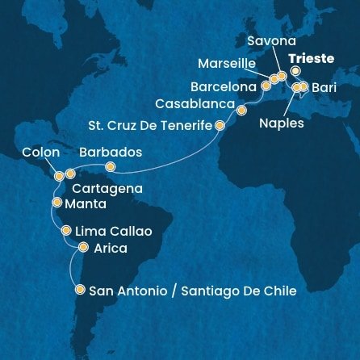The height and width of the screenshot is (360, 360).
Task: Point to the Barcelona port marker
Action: (x=265, y=84)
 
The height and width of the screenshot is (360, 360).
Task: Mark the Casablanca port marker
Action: (x=241, y=106)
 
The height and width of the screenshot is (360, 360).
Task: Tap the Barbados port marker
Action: (x=111, y=167)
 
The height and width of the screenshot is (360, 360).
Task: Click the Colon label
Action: (x=40, y=151)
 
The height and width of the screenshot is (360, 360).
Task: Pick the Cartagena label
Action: (x=109, y=188)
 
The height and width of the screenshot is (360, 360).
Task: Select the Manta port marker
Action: (x=55, y=204)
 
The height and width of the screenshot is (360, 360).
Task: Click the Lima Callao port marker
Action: (x=65, y=231)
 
